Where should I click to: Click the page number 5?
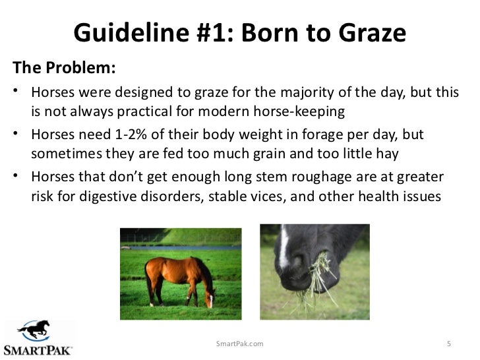(448, 344)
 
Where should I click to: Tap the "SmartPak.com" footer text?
(240, 344)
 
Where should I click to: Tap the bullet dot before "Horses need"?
(15, 135)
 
